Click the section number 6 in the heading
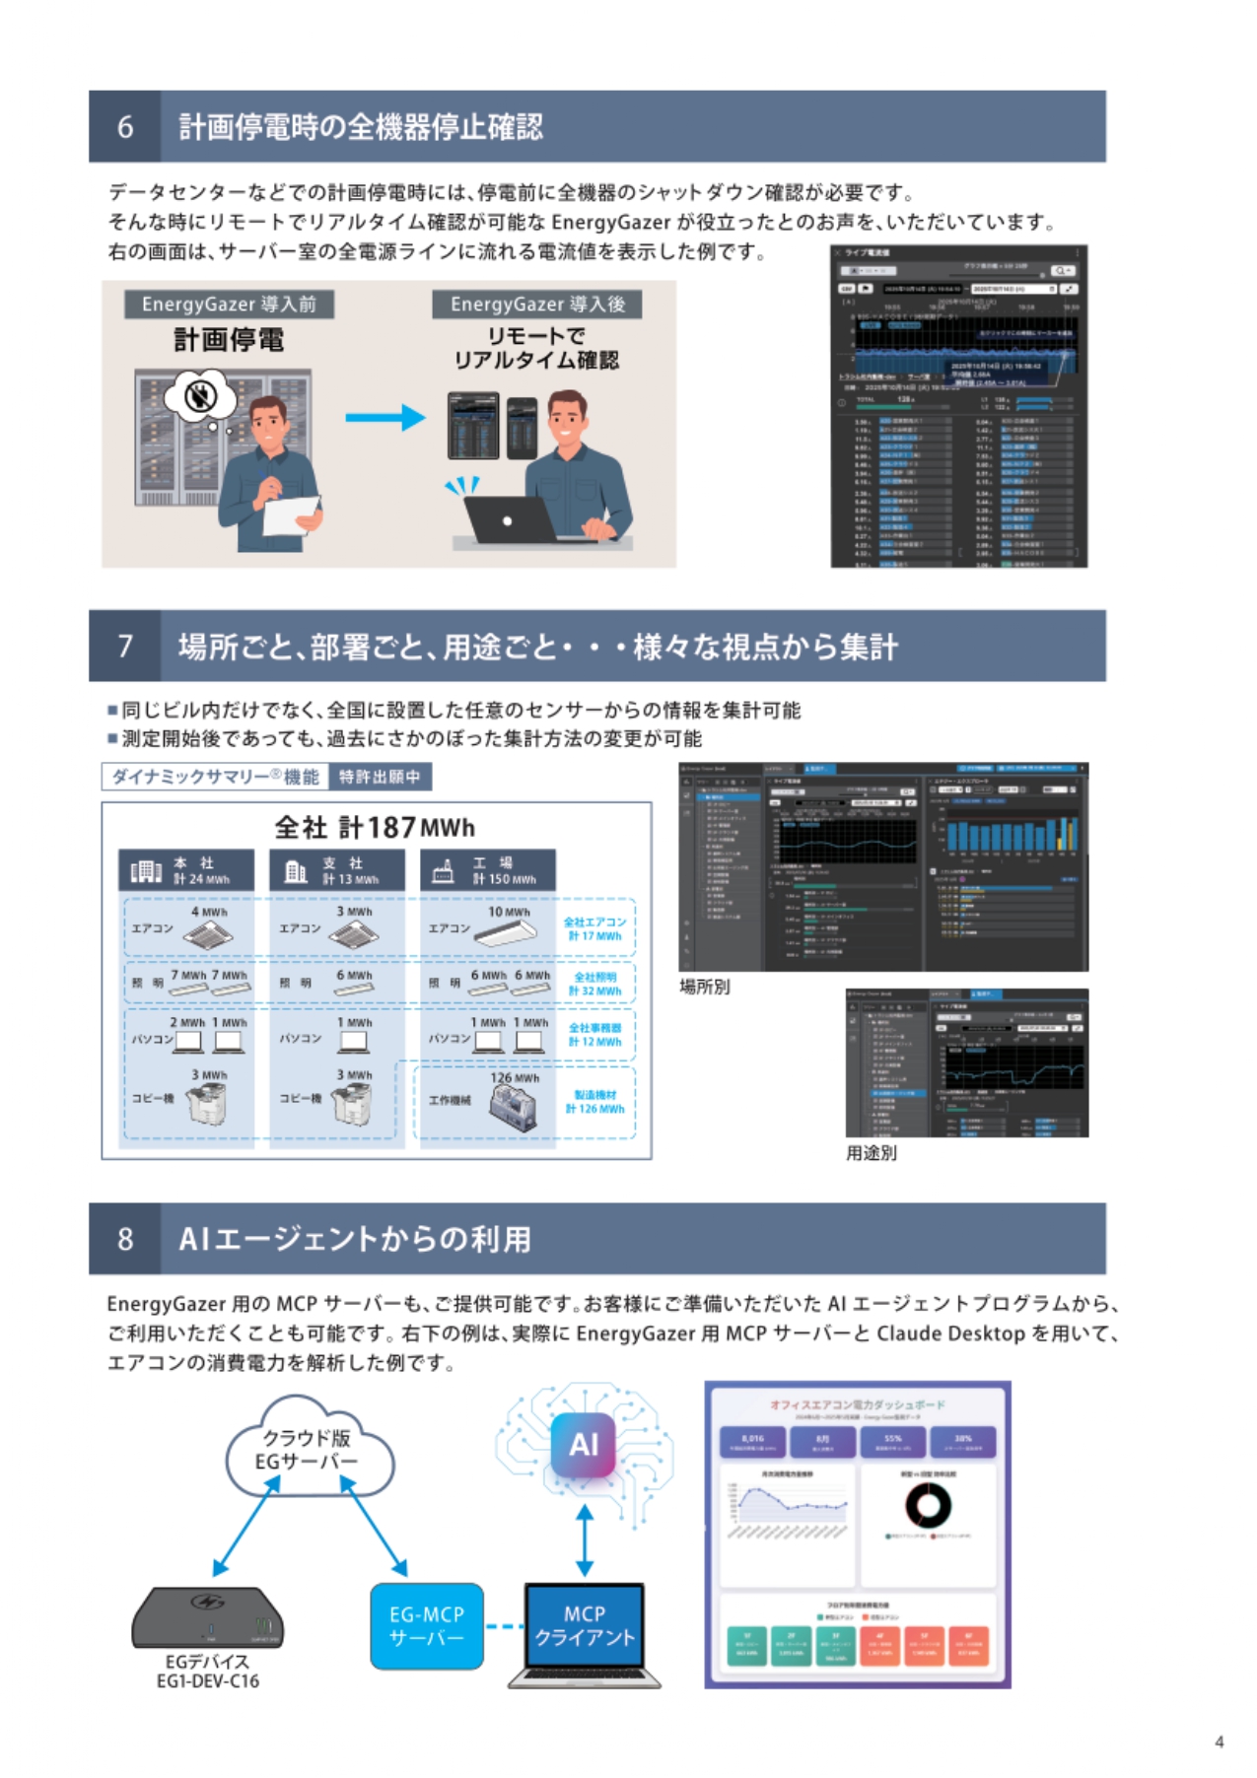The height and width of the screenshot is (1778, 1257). pos(125,127)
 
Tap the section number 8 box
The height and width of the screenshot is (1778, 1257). pos(125,1239)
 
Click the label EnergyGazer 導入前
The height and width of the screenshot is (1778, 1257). pos(229,304)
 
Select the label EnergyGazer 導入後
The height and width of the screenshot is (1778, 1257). pos(537,304)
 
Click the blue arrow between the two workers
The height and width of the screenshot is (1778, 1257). pos(384,418)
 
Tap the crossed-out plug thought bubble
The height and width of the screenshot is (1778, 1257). pos(202,396)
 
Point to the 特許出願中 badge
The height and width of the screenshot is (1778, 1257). pos(380,777)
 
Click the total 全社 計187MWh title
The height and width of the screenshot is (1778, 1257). pos(375,827)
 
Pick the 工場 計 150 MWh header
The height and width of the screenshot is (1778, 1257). pos(488,870)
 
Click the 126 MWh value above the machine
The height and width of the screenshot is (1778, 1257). pos(515,1078)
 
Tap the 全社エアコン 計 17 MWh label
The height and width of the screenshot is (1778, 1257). pos(594,928)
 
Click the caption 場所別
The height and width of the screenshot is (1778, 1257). pos(705,987)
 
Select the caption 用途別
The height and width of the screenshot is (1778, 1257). pos(872,1152)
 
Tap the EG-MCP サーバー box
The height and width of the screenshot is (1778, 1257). pos(427,1626)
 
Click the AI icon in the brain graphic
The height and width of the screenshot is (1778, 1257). pos(584,1445)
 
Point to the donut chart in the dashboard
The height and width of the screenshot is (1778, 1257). pos(928,1505)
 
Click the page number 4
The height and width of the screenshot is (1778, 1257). pos(1220,1742)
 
